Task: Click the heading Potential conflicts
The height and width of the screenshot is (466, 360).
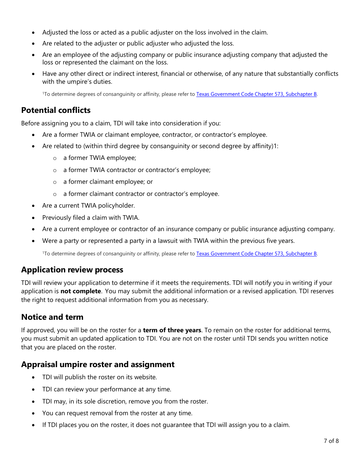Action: (56, 110)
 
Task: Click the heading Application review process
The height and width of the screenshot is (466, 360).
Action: (72, 270)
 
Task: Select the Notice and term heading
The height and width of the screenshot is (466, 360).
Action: (52, 317)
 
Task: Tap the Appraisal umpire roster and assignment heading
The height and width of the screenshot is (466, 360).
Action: (98, 364)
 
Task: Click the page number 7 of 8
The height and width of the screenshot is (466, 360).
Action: (331, 441)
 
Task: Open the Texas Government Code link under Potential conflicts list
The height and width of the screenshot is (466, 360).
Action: (256, 254)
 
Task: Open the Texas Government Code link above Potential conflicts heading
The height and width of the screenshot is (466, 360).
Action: (256, 94)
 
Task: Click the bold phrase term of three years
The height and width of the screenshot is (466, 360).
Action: (172, 330)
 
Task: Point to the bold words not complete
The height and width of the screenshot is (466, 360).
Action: (81, 291)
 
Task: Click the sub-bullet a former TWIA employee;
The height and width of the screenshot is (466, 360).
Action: (100, 158)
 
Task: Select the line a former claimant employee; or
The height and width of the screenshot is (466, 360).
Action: (108, 182)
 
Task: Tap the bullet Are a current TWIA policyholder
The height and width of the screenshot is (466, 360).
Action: (88, 206)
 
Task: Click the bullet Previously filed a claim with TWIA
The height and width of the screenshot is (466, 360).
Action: (91, 218)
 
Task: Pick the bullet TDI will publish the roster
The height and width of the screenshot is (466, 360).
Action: (99, 377)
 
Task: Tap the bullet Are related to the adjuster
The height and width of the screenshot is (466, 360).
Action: (138, 44)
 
